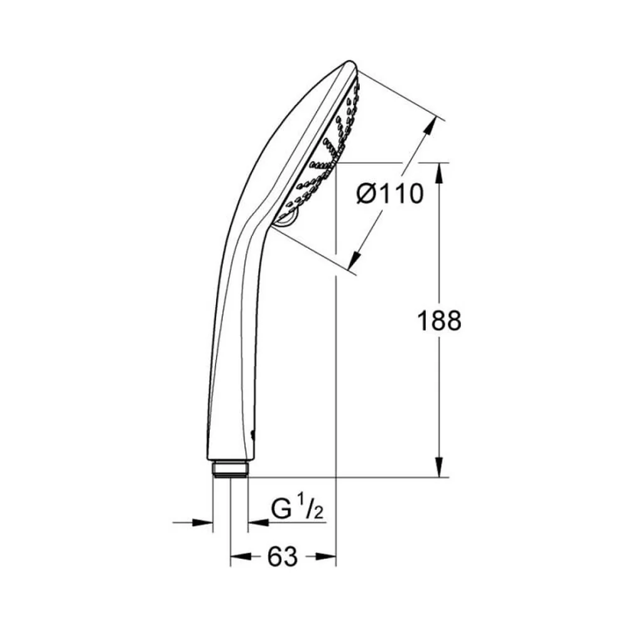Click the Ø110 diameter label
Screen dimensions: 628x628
click(390, 194)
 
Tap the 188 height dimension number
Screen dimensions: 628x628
click(439, 320)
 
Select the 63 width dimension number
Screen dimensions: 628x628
click(283, 556)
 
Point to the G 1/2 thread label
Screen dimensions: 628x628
click(297, 509)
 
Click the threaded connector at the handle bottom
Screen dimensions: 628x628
click(230, 469)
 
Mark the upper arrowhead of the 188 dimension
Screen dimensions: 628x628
click(440, 172)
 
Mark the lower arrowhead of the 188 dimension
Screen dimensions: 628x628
click(440, 467)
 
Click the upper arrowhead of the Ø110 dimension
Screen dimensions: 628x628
click(430, 127)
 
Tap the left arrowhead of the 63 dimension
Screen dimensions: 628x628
click(241, 556)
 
